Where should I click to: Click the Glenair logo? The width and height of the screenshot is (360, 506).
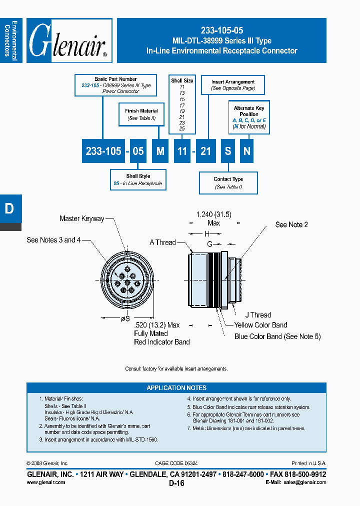69,40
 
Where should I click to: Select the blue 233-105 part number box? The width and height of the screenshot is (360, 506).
103,150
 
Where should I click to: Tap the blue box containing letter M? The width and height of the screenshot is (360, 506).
160,150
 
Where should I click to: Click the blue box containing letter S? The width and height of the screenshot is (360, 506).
228,150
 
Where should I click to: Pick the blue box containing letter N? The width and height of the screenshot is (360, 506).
246,150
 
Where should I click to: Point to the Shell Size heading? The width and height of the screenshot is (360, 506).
182,80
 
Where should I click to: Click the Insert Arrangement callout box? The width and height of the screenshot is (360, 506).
232,84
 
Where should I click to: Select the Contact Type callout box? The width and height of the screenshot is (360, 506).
228,182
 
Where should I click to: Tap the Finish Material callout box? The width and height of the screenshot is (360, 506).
141,114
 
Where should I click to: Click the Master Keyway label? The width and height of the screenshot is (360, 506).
81,218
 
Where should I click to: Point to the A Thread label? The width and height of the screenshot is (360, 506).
162,242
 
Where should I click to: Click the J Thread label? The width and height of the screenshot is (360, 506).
258,315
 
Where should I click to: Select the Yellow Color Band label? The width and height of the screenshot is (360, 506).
260,325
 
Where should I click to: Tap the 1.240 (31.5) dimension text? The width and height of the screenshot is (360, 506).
213,214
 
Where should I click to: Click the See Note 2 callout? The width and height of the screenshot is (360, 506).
291,224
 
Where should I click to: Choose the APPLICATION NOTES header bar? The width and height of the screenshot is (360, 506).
176,388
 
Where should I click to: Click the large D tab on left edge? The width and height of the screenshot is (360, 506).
9,208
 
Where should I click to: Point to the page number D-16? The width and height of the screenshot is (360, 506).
176,483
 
